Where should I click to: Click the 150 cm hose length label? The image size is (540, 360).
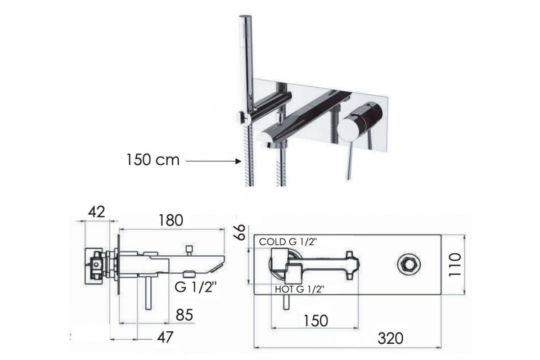(x=153, y=160)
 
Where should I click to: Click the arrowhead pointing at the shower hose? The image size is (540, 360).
(x=238, y=162)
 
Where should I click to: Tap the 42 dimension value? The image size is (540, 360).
(x=96, y=212)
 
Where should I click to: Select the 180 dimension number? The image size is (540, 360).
(x=171, y=220)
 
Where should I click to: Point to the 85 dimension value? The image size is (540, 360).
(x=184, y=315)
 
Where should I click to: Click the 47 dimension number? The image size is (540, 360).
(x=165, y=337)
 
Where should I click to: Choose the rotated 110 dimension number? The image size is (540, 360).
(x=454, y=265)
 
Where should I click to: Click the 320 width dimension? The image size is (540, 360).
(x=391, y=338)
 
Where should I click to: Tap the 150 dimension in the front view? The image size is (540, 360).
(x=315, y=321)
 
